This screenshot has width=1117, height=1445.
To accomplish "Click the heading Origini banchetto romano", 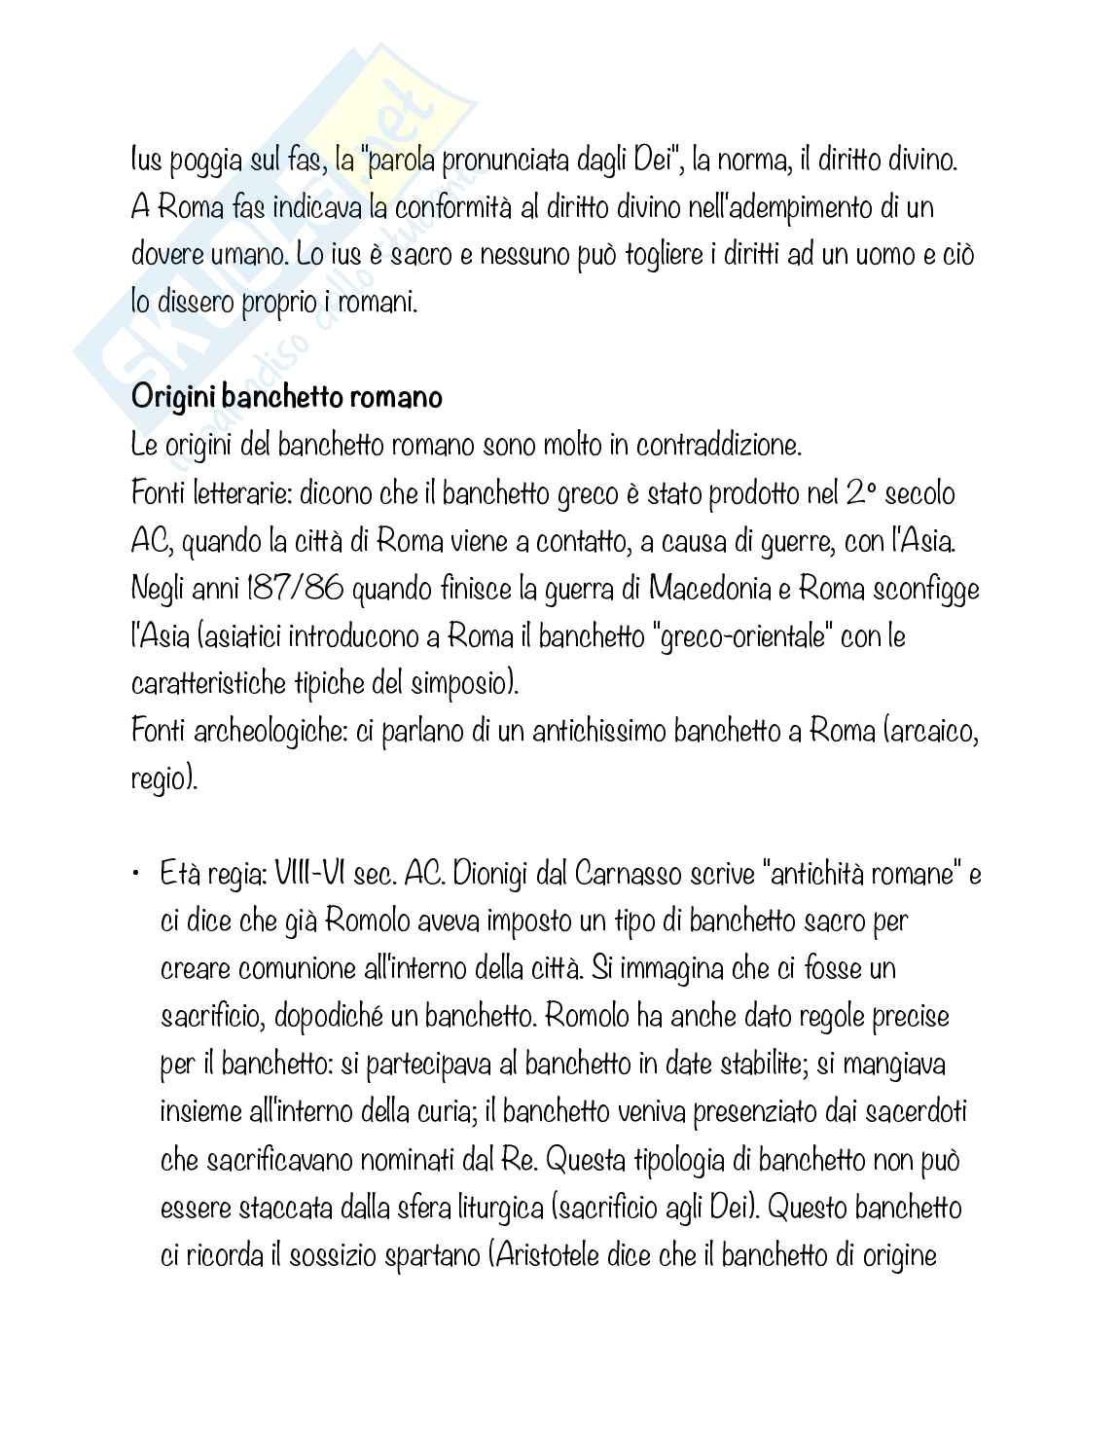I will [287, 398].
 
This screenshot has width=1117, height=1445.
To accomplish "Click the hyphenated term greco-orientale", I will [742, 637].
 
